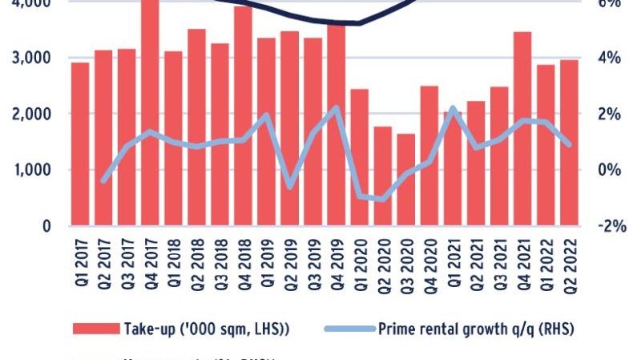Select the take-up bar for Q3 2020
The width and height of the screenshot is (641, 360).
click(x=406, y=180)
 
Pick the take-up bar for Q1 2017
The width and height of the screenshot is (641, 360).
click(x=80, y=144)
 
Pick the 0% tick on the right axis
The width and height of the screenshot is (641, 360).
click(x=609, y=170)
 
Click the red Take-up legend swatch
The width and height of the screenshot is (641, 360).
click(x=95, y=329)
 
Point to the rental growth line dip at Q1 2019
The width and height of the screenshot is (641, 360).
click(x=290, y=188)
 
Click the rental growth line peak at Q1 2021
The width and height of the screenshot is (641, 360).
click(x=453, y=107)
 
